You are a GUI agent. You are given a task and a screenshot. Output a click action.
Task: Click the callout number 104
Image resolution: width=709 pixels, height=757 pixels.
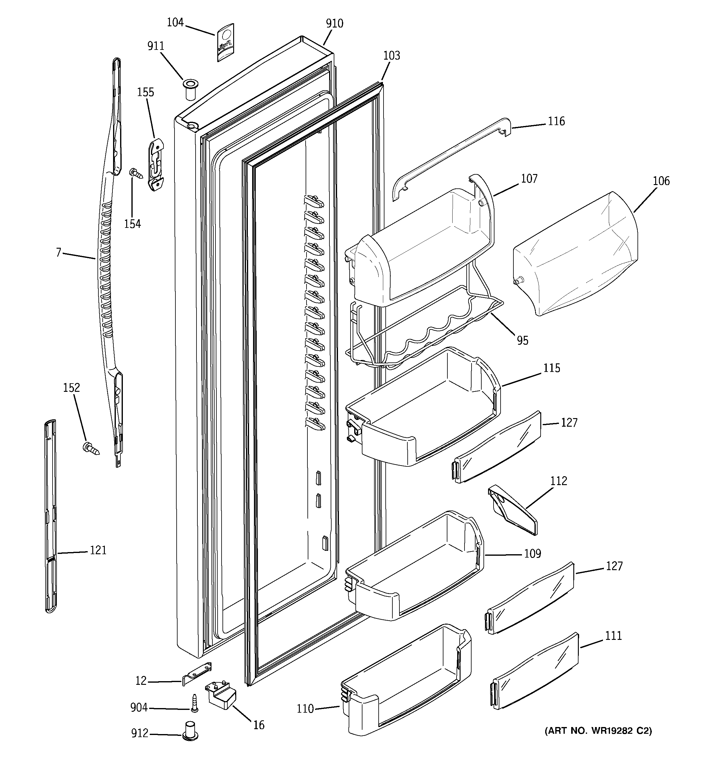point(175,23)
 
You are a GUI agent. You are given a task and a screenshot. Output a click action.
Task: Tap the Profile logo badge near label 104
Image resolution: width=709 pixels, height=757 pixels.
point(225,43)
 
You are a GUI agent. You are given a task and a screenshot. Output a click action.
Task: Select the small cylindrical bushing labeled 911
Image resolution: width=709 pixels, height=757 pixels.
point(190,90)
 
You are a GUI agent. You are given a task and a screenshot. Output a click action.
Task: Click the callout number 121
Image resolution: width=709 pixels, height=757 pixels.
point(98,550)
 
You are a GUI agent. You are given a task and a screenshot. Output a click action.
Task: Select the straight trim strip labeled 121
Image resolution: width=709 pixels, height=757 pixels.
point(51,518)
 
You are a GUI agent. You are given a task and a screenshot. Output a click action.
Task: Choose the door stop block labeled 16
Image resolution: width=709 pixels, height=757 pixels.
point(222,695)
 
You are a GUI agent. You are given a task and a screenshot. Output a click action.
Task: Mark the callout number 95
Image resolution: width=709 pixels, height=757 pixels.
point(523,340)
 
